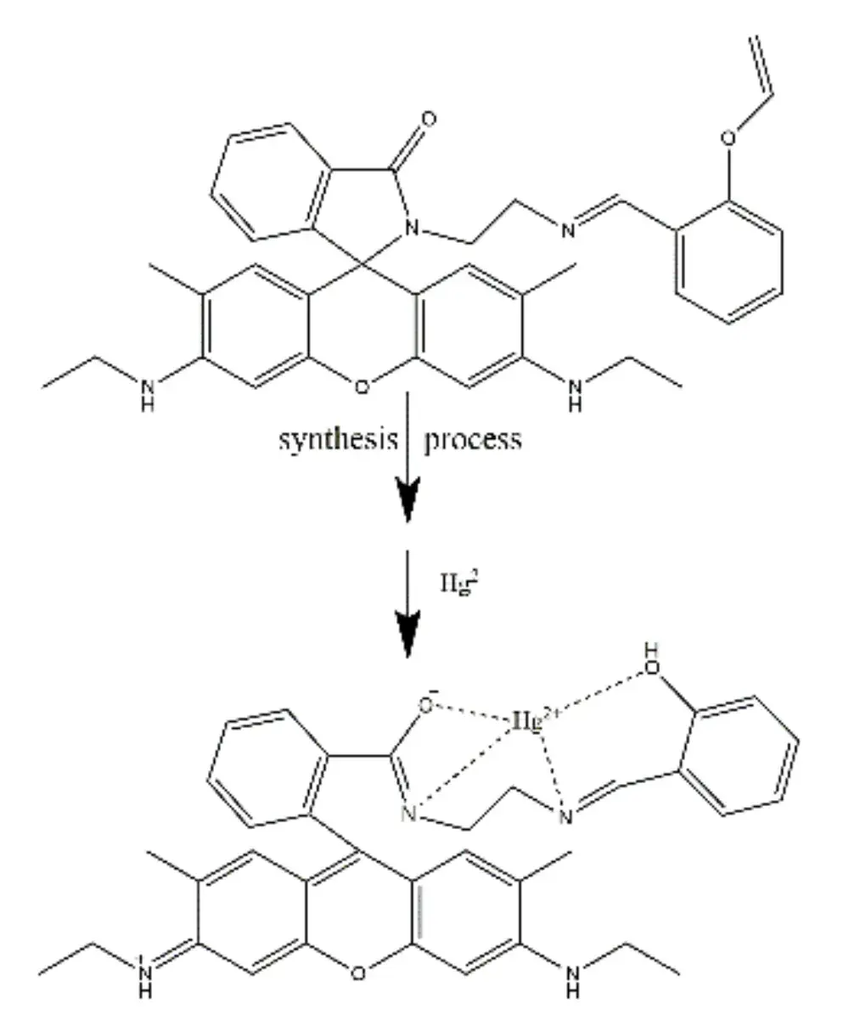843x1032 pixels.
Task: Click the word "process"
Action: pos(472,441)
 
